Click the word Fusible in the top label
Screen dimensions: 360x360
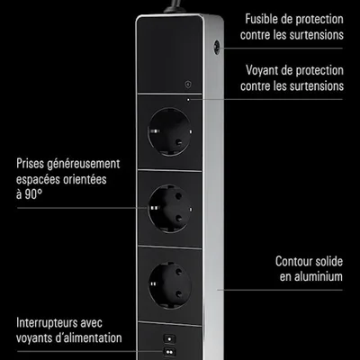click(262, 19)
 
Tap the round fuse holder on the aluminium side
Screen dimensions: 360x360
click(217, 47)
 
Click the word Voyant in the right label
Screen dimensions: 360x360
click(262, 70)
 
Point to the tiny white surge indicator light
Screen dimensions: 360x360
click(188, 99)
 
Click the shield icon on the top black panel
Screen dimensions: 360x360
click(188, 85)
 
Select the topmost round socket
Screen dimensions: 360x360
click(170, 131)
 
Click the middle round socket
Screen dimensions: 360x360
click(170, 209)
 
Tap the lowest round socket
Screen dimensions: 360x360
click(170, 285)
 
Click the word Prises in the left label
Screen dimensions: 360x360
click(29, 164)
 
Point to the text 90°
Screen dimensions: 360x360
click(33, 194)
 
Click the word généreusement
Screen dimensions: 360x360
click(82, 165)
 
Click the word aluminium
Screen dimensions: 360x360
click(319, 276)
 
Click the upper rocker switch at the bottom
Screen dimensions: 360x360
click(169, 339)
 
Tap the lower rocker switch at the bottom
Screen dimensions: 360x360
click(169, 352)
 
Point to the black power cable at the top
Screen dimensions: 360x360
click(174, 6)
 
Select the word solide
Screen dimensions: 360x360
click(329, 261)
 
